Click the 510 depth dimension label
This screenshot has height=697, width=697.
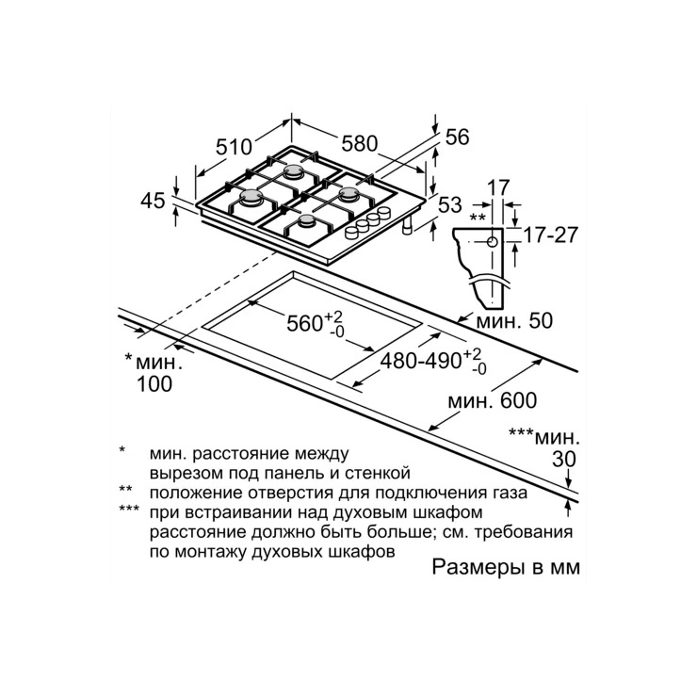pyautogui.click(x=234, y=147)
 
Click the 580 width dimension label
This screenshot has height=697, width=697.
pyautogui.click(x=360, y=143)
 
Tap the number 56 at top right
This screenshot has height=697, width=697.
pyautogui.click(x=458, y=138)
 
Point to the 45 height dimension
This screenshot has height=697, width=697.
pyautogui.click(x=153, y=201)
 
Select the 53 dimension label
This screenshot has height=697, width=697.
pyautogui.click(x=450, y=205)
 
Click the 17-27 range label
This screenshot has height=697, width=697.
pyautogui.click(x=551, y=235)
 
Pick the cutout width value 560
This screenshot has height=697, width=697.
pyautogui.click(x=304, y=323)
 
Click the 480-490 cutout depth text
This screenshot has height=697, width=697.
pyautogui.click(x=421, y=362)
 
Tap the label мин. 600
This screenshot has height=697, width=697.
pyautogui.click(x=492, y=400)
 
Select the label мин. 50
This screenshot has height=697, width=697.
pyautogui.click(x=514, y=320)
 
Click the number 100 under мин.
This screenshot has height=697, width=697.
pyautogui.click(x=154, y=384)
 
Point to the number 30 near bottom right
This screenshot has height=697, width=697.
pyautogui.click(x=564, y=460)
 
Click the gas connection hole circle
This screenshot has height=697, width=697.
pyautogui.click(x=492, y=242)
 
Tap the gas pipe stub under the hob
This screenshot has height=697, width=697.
pyautogui.click(x=407, y=227)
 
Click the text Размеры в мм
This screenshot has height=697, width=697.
pyautogui.click(x=507, y=568)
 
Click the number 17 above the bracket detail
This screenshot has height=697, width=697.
pyautogui.click(x=498, y=187)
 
